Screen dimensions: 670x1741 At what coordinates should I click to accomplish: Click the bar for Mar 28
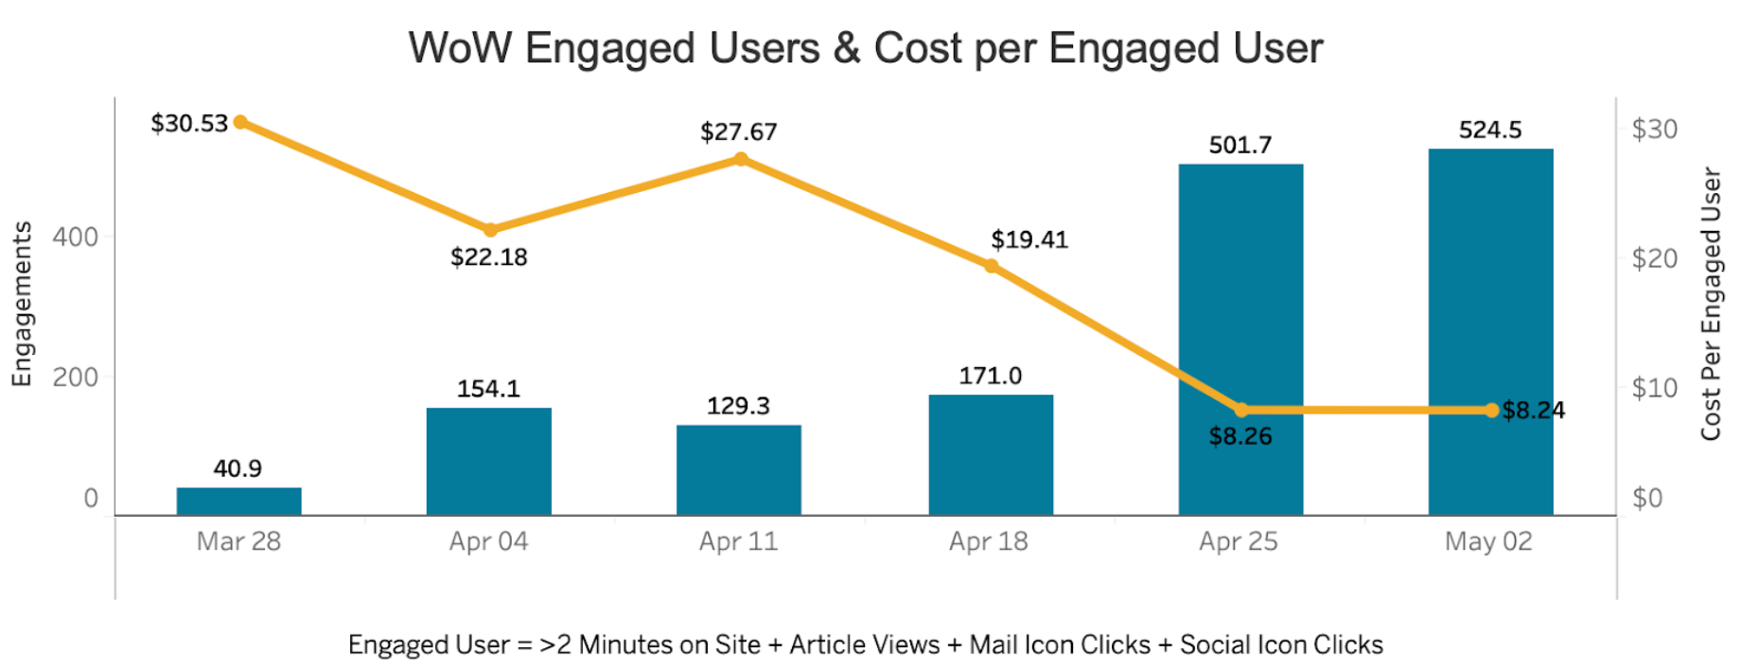pos(238,501)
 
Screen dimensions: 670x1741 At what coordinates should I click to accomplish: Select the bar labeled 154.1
pos(488,461)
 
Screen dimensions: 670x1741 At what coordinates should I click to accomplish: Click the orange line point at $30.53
pos(241,122)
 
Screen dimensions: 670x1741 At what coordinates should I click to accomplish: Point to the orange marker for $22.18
pos(490,230)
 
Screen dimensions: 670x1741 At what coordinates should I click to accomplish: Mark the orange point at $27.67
pos(741,159)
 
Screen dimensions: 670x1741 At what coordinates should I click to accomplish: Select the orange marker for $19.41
pos(991,266)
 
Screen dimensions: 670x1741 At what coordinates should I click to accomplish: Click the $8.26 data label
pos(1240,436)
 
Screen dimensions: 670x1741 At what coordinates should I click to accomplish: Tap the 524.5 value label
pos(1490,130)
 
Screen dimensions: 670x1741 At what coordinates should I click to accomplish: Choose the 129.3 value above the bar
pos(738,406)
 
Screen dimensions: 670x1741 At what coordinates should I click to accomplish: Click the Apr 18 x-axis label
pos(989,541)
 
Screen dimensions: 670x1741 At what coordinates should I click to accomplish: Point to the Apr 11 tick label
pos(738,541)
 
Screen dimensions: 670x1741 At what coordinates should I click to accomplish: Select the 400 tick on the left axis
pos(76,237)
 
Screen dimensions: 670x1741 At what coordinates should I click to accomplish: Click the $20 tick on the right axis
pos(1654,258)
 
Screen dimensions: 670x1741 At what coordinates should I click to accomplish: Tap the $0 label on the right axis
pos(1647,498)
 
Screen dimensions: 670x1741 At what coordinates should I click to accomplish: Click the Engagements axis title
pos(22,304)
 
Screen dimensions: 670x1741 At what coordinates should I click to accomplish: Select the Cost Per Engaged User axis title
pos(1711,304)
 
